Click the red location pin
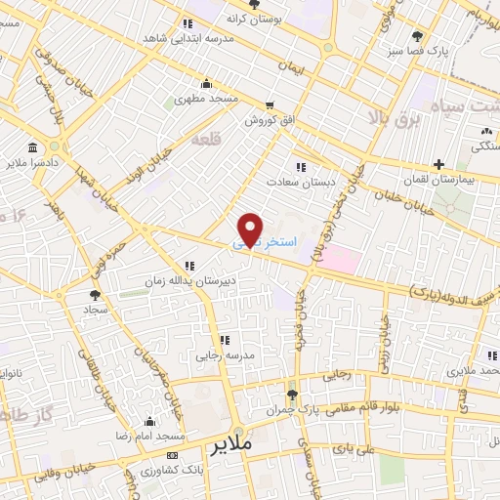click(x=251, y=229)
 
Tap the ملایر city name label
click(x=230, y=443)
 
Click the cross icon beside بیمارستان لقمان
click(x=439, y=164)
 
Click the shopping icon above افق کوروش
click(x=270, y=104)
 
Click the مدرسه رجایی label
click(x=226, y=355)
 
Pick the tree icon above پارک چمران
click(x=293, y=393)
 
